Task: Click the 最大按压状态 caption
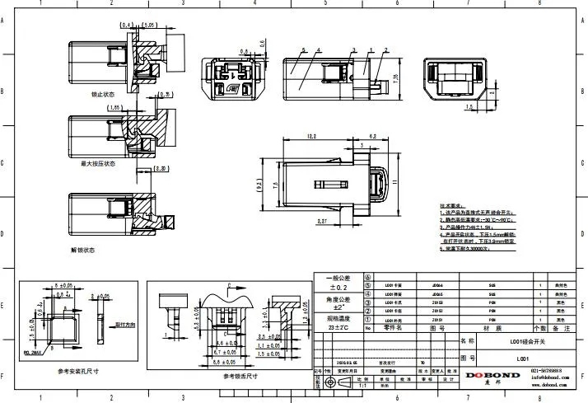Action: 98,163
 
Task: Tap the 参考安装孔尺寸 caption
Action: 78,372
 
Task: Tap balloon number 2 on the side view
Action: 385,50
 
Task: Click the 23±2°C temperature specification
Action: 340,327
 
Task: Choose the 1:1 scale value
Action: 361,383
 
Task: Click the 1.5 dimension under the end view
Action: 469,106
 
